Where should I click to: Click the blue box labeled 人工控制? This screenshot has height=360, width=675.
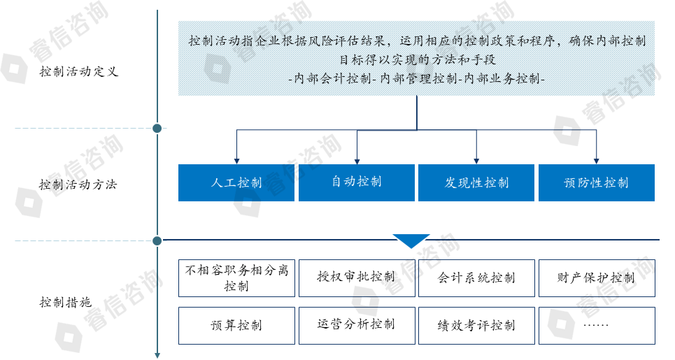pyautogui.click(x=236, y=183)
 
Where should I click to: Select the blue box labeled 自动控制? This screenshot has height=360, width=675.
pyautogui.click(x=357, y=183)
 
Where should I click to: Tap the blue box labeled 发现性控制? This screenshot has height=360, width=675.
pyautogui.click(x=476, y=183)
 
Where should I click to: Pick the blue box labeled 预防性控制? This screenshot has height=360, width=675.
pyautogui.click(x=596, y=183)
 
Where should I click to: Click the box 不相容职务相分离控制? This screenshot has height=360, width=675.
pyautogui.click(x=236, y=278)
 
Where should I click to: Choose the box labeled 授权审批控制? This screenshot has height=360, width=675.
pyautogui.click(x=357, y=278)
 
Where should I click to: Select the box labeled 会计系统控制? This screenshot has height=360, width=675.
pyautogui.click(x=476, y=278)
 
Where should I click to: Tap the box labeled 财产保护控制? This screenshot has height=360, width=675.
pyautogui.click(x=596, y=278)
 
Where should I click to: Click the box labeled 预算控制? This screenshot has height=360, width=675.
pyautogui.click(x=236, y=325)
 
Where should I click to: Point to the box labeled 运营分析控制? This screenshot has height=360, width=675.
pyautogui.click(x=357, y=325)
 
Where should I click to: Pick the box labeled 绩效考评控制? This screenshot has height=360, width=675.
pyautogui.click(x=476, y=325)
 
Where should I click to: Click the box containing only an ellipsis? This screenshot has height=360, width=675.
pyautogui.click(x=596, y=325)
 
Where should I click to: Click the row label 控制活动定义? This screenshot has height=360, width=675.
pyautogui.click(x=79, y=72)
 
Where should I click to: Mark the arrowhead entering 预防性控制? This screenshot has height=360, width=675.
pyautogui.click(x=596, y=160)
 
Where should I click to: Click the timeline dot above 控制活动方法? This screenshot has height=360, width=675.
pyautogui.click(x=157, y=129)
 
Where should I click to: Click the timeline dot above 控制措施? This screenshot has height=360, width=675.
pyautogui.click(x=157, y=241)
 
